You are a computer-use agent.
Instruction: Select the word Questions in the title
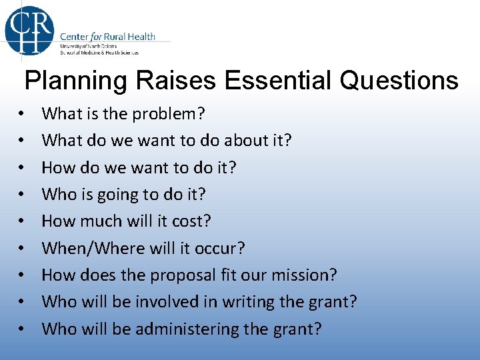(x=398, y=81)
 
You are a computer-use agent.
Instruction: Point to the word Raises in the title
(x=175, y=81)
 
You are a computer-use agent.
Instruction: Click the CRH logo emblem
(x=29, y=31)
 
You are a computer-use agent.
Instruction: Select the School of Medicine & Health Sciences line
(x=99, y=51)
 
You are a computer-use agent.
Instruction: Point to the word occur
(x=223, y=249)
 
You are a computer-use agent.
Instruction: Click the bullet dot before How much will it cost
(x=22, y=222)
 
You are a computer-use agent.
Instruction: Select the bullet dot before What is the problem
(x=22, y=115)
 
